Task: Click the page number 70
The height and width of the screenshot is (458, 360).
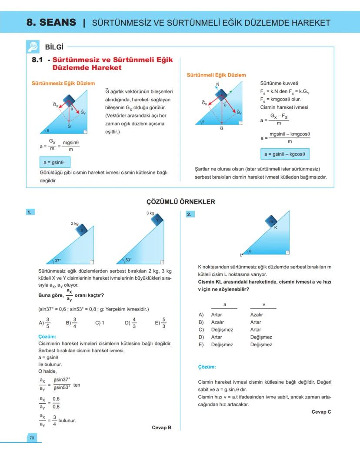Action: click(31, 438)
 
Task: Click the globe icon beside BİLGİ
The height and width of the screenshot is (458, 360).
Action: click(33, 46)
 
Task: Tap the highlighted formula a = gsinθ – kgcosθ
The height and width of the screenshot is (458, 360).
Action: click(285, 154)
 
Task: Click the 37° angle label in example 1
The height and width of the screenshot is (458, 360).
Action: click(58, 261)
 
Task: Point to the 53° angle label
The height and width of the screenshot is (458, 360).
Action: click(128, 260)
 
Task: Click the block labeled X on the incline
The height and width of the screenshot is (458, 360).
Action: click(82, 230)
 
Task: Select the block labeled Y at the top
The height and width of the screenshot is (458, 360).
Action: click(157, 220)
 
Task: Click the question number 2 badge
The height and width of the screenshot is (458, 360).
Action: click(190, 214)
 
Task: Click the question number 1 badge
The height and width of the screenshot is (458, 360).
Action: click(30, 213)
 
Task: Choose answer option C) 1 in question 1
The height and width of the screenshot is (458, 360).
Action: click(100, 323)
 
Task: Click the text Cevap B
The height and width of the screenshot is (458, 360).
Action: click(161, 428)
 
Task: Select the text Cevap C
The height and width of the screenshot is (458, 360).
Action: click(321, 412)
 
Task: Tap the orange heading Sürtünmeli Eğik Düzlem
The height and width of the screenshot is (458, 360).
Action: click(216, 75)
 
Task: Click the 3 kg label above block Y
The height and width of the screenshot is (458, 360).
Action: click(150, 213)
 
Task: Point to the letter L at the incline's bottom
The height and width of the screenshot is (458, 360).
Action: click(240, 254)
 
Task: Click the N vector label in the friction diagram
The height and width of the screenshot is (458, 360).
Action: click(217, 84)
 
